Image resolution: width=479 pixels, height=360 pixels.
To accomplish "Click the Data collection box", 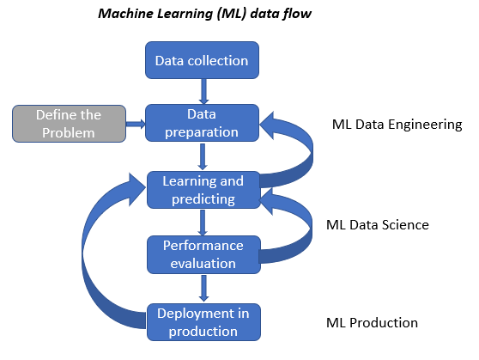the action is pyautogui.click(x=202, y=60).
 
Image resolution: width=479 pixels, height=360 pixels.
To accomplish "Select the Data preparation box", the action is pyautogui.click(x=202, y=123).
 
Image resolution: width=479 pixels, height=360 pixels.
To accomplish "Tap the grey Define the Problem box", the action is pyautogui.click(x=69, y=124).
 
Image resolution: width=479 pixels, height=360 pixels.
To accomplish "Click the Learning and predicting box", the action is pyautogui.click(x=203, y=190).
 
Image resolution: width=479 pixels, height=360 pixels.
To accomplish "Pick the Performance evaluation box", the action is pyautogui.click(x=203, y=254).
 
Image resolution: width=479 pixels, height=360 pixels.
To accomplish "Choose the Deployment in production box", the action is pyautogui.click(x=203, y=322).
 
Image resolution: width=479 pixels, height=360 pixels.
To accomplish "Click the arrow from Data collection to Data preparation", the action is pyautogui.click(x=203, y=91).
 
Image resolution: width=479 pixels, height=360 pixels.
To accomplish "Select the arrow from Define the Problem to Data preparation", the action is pyautogui.click(x=136, y=124).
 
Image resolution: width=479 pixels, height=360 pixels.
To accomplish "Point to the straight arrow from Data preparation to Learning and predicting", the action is pyautogui.click(x=203, y=156).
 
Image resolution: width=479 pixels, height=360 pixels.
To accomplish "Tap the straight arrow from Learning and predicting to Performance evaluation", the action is pyautogui.click(x=203, y=223).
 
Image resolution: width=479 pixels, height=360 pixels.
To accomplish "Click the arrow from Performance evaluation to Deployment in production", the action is pyautogui.click(x=203, y=288).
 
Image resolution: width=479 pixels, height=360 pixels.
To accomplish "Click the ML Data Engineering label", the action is pyautogui.click(x=397, y=125).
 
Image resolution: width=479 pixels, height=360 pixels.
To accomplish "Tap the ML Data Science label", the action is pyautogui.click(x=378, y=225).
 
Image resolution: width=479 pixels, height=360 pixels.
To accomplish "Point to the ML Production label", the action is pyautogui.click(x=372, y=323).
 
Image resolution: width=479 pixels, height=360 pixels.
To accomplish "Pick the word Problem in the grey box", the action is pyautogui.click(x=69, y=132).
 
